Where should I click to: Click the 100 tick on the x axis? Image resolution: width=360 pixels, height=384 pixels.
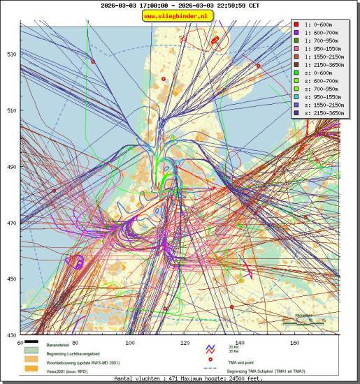(130, 343)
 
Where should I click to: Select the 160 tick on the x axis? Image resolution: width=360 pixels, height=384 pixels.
(294, 343)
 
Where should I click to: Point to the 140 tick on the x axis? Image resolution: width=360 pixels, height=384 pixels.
(240, 343)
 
